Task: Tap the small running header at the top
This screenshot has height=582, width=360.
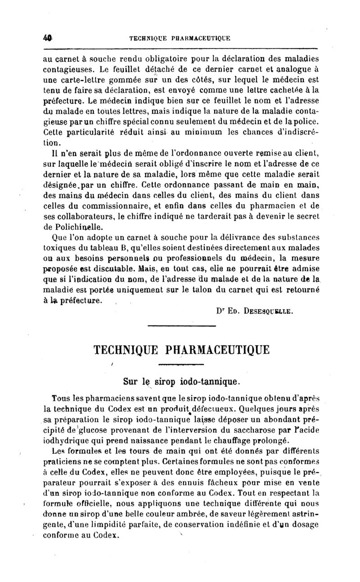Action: click(180, 39)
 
